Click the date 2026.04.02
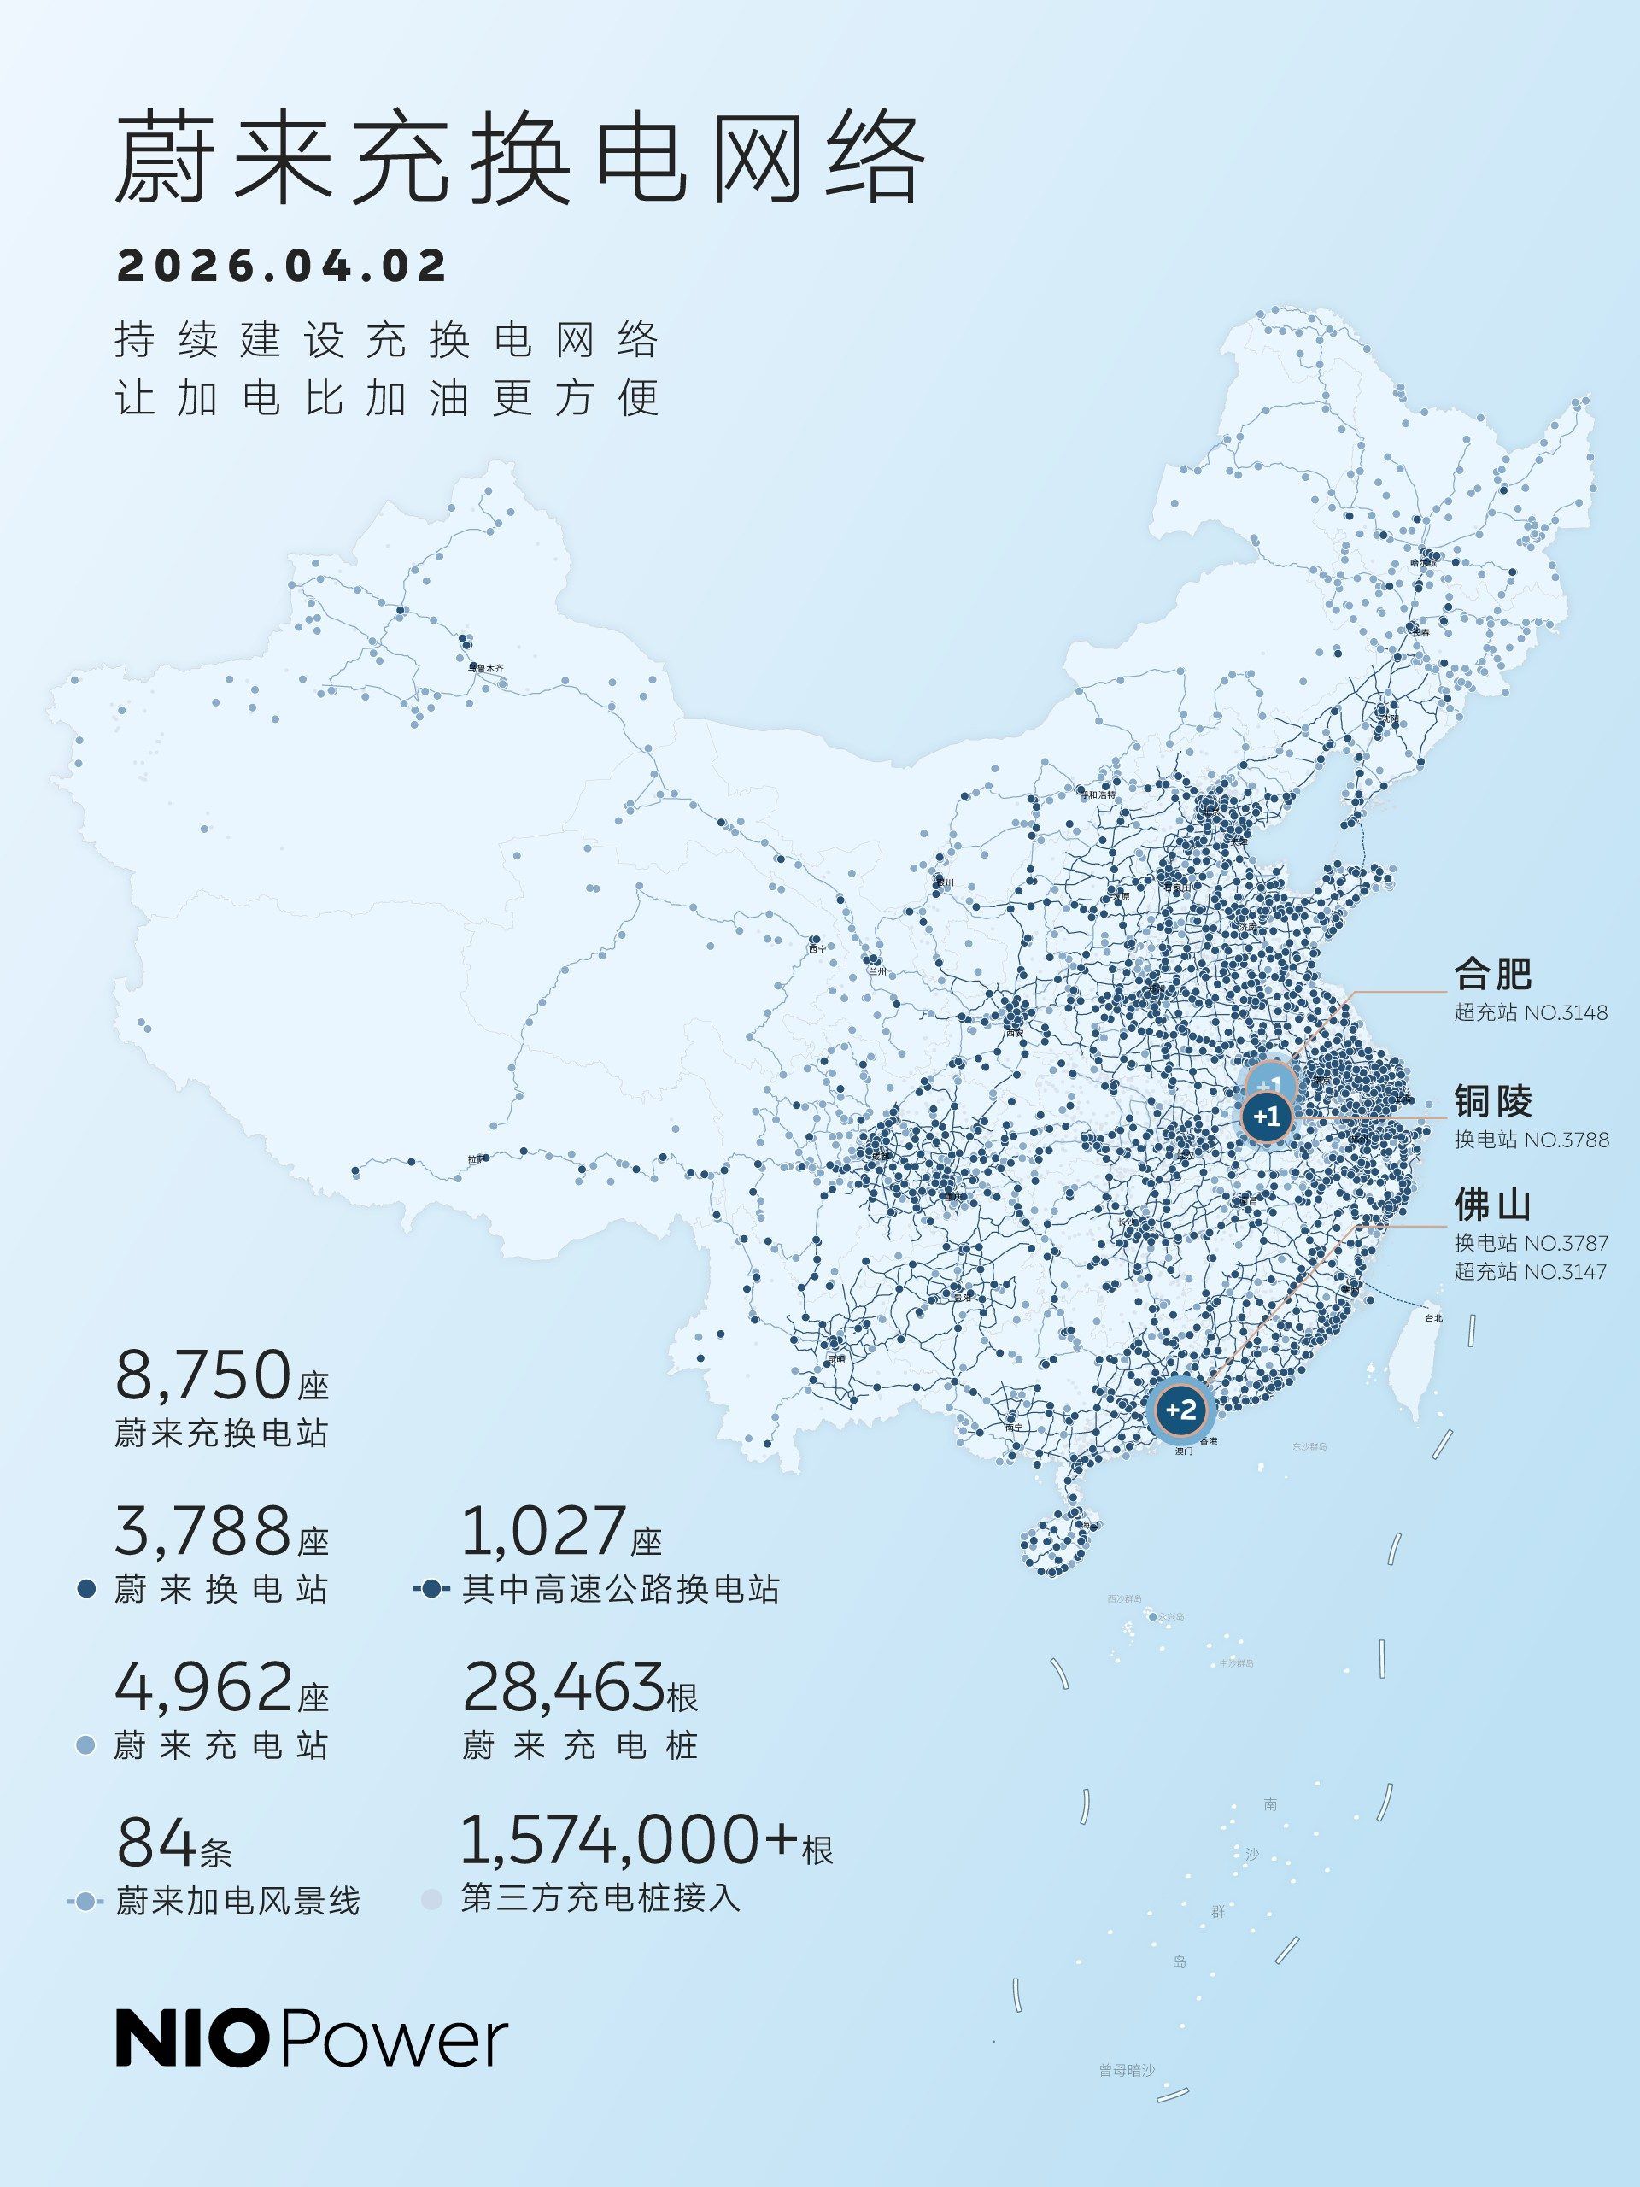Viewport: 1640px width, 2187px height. pyautogui.click(x=282, y=266)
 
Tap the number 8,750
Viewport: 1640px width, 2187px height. pyautogui.click(x=202, y=1376)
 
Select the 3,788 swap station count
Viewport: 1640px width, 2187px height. pyautogui.click(x=202, y=1532)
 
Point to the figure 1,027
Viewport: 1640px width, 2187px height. pyautogui.click(x=544, y=1532)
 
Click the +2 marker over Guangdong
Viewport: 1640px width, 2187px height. pyautogui.click(x=1181, y=1409)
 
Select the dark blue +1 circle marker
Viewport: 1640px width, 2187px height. pyautogui.click(x=1267, y=1117)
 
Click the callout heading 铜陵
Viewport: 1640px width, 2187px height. pyautogui.click(x=1491, y=1100)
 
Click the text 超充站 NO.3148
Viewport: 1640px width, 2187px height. pyautogui.click(x=1531, y=1013)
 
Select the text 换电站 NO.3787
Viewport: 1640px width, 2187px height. pyautogui.click(x=1531, y=1243)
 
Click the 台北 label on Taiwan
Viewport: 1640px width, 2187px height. pyautogui.click(x=1433, y=1318)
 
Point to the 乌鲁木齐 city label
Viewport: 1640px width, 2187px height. pyautogui.click(x=485, y=668)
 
